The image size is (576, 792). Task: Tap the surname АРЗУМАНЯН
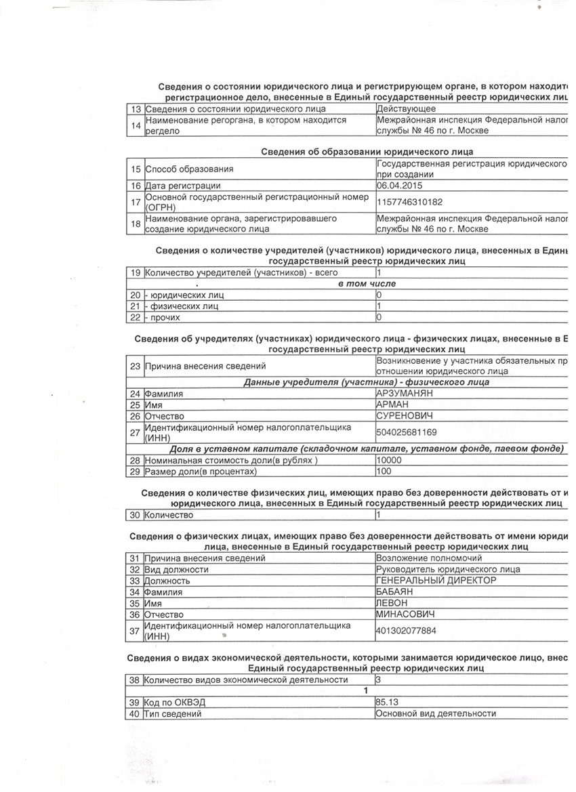405,393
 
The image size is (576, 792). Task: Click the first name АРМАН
393,404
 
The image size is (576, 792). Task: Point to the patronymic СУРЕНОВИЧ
404,416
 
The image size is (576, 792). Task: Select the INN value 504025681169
407,432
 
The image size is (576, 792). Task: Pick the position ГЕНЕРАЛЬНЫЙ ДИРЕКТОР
436,581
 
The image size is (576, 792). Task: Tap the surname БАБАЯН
396,592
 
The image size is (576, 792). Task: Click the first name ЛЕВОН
393,603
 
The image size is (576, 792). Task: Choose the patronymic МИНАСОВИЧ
405,614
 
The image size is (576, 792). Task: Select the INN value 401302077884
407,631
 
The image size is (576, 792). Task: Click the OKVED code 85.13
388,702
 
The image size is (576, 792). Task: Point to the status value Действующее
407,108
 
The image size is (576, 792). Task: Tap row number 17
135,201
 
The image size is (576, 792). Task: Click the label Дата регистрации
183,185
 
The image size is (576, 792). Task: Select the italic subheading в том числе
367,283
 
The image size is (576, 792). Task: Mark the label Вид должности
177,569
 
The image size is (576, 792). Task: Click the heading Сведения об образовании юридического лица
367,151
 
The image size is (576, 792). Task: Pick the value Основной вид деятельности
436,713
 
